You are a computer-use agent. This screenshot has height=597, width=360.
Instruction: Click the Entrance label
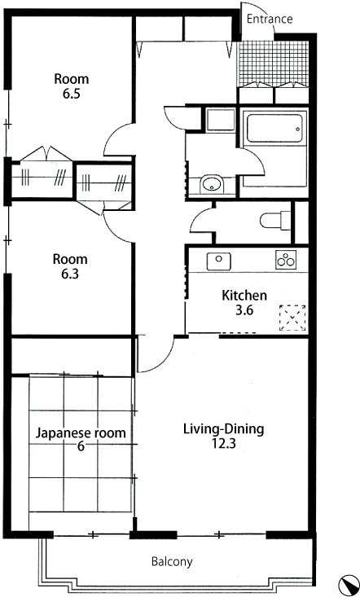coord(270,19)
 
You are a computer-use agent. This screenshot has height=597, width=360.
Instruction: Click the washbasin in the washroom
coord(211,184)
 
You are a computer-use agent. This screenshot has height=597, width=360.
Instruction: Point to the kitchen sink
coord(218,261)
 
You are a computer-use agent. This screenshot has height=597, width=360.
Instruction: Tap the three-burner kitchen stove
coord(286,260)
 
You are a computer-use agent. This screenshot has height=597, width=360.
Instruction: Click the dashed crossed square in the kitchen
coord(292,318)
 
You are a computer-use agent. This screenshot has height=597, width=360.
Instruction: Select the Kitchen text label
coord(244,295)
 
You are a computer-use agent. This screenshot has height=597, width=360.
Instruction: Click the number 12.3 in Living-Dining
coord(224,443)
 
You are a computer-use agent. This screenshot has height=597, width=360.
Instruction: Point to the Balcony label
coord(172,561)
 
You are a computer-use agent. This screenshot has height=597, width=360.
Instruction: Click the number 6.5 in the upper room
coord(72,94)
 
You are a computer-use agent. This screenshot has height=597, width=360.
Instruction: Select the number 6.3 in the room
coord(70,274)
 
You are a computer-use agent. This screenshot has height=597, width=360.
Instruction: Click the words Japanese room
coord(81,433)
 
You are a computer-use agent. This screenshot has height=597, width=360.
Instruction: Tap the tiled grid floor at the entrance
coord(273,63)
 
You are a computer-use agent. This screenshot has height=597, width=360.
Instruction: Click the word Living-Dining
coord(224,429)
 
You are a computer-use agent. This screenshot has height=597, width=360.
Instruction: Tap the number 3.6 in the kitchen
coord(244,310)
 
